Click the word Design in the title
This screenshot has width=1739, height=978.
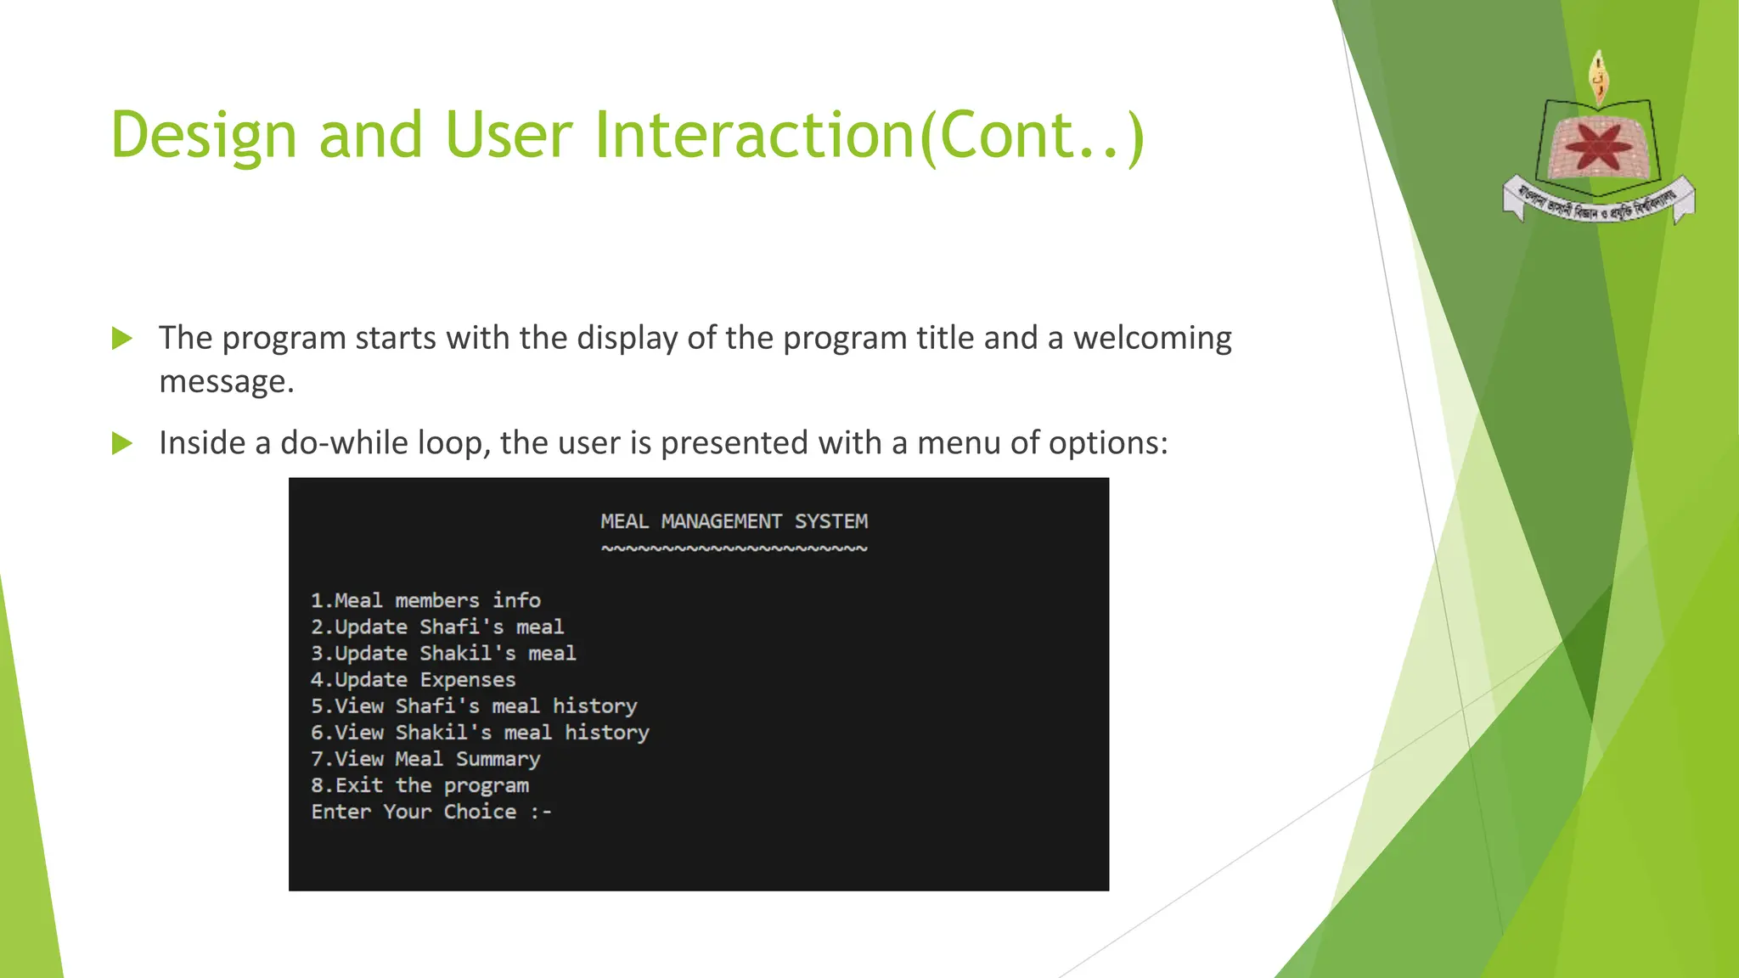pyautogui.click(x=204, y=136)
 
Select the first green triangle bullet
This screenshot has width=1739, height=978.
pyautogui.click(x=122, y=339)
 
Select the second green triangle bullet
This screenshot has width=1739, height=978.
pyautogui.click(x=122, y=443)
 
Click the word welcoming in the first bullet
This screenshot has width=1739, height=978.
pyautogui.click(x=1151, y=338)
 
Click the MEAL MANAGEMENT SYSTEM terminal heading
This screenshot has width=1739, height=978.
pyautogui.click(x=734, y=521)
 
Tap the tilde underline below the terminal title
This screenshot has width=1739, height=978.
pyautogui.click(x=734, y=548)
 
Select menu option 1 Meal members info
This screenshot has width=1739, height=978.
pyautogui.click(x=425, y=600)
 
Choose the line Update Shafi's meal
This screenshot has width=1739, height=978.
pyautogui.click(x=436, y=627)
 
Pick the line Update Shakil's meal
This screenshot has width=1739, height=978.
pyautogui.click(x=442, y=653)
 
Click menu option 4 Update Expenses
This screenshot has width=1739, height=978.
pyautogui.click(x=413, y=679)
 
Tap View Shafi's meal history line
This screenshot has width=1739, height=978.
pyautogui.click(x=473, y=705)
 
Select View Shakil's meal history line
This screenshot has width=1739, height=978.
pyautogui.click(x=480, y=732)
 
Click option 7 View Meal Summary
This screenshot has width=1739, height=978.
pyautogui.click(x=425, y=758)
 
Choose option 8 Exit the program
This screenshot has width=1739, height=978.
pyautogui.click(x=419, y=785)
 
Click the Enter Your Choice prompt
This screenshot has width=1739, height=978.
pyautogui.click(x=431, y=812)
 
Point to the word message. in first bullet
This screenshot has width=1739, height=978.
pyautogui.click(x=226, y=382)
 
